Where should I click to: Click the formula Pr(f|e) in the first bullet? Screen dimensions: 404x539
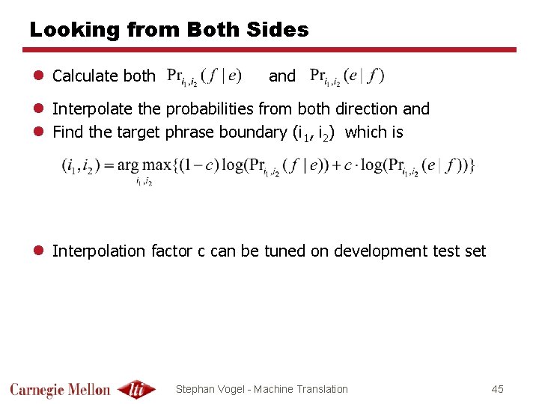tap(204, 76)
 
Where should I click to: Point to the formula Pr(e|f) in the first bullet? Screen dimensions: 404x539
tap(347, 76)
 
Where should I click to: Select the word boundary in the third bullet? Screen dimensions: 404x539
tap(252, 132)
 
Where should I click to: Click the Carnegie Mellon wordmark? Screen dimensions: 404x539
tap(60, 389)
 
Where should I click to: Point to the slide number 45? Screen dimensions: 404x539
tap(498, 389)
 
